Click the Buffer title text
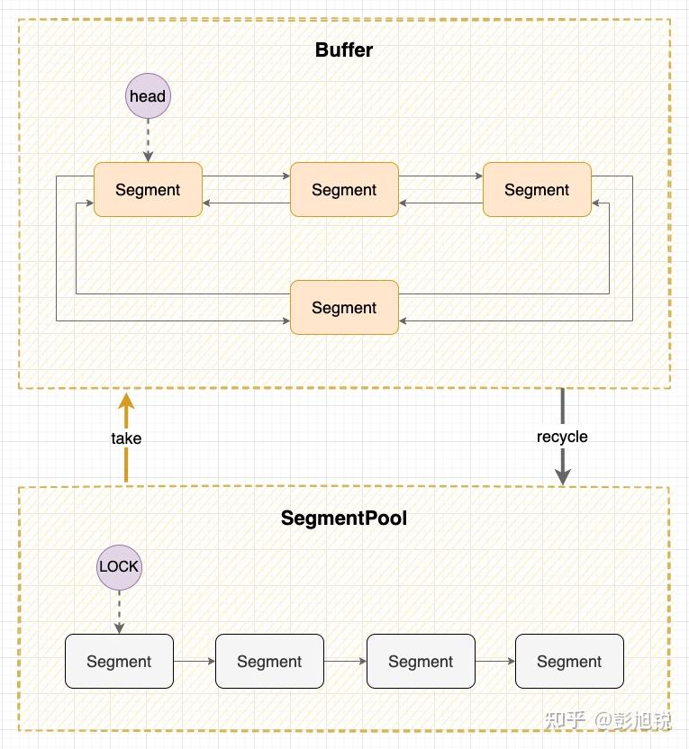click(x=344, y=50)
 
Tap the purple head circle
click(x=148, y=96)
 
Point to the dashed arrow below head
click(x=148, y=140)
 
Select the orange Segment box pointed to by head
click(x=148, y=190)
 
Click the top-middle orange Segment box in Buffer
click(x=344, y=190)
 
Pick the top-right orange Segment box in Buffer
click(x=537, y=190)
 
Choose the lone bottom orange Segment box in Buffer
click(x=344, y=308)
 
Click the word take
click(x=126, y=438)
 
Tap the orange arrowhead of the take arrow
click(x=126, y=402)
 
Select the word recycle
click(x=562, y=437)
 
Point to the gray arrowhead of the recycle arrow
click(x=563, y=477)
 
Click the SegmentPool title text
click(x=344, y=518)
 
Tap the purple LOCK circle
click(x=120, y=567)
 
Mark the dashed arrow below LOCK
click(x=120, y=612)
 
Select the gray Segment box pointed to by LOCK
click(x=120, y=662)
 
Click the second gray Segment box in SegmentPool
click(x=269, y=662)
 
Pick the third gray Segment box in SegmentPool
click(x=421, y=662)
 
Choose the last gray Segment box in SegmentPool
click(x=569, y=662)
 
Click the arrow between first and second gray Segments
click(x=195, y=662)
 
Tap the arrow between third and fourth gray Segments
click(x=495, y=662)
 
